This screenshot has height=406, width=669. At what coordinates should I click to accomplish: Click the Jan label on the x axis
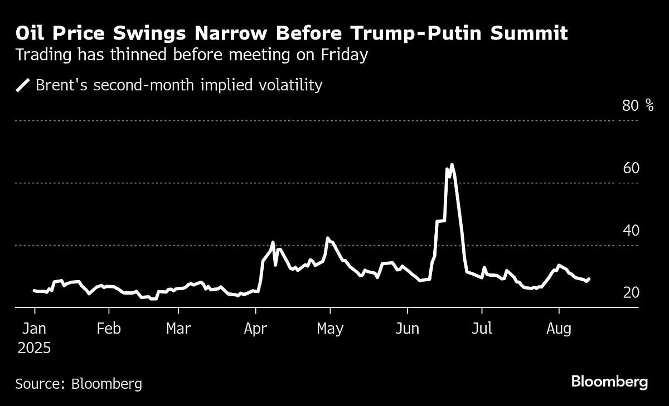[34, 329]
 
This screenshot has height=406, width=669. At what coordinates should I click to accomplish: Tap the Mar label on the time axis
[179, 329]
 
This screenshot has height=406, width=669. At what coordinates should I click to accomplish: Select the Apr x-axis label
[255, 329]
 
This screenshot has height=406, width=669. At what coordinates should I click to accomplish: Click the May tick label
[329, 329]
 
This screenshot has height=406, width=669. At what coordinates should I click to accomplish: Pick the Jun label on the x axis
[407, 329]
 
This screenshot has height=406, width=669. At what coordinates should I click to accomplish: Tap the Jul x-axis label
[482, 329]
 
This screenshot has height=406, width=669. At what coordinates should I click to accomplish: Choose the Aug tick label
[559, 329]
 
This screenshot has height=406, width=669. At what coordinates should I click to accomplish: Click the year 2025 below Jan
[34, 349]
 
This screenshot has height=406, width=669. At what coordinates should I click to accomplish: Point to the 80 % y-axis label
[638, 105]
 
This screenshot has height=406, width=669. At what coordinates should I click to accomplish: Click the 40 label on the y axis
[630, 230]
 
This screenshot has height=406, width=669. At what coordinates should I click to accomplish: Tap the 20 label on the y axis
[630, 292]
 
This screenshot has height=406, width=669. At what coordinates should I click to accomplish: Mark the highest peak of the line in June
[452, 164]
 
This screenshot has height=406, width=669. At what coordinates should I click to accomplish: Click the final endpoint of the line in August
[589, 278]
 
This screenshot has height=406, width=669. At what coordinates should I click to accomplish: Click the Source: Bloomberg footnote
[79, 383]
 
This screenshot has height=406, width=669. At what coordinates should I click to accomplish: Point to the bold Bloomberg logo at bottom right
[609, 382]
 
